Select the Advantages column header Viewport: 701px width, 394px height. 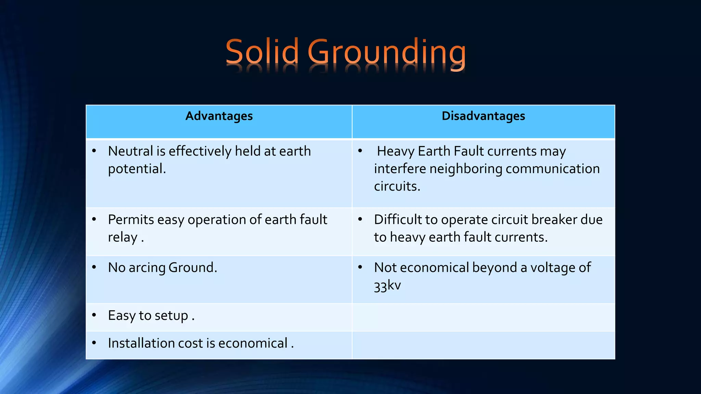[219, 116]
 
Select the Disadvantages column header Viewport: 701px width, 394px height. [483, 116]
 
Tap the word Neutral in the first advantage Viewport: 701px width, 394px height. [131, 151]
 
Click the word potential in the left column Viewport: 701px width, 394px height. [136, 169]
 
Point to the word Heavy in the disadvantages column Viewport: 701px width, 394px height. [395, 151]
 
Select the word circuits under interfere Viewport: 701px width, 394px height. [396, 186]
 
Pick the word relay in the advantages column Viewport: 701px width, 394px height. [123, 237]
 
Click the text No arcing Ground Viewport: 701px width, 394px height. [162, 267]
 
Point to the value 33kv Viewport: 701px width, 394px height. [387, 285]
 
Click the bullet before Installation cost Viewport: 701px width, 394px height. [94, 342]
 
